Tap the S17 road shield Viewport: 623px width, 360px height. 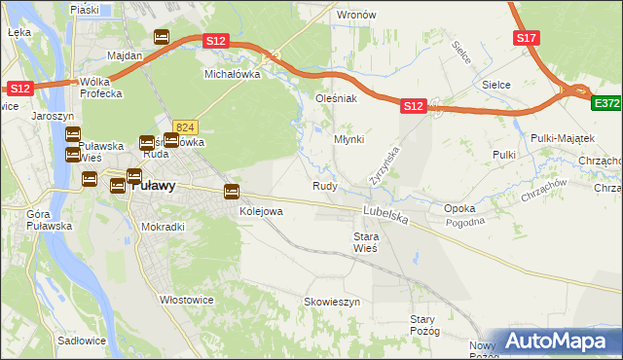tap(527, 38)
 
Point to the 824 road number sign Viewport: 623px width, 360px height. tap(186, 126)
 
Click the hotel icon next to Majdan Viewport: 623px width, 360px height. tap(162, 38)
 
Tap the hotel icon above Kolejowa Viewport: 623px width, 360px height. tap(232, 191)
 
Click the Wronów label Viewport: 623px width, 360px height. tap(355, 16)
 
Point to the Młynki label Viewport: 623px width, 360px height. tap(348, 139)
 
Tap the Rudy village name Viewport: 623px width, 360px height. tap(324, 186)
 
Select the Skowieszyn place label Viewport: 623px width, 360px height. tap(332, 303)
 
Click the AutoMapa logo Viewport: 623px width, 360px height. tap(556, 341)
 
